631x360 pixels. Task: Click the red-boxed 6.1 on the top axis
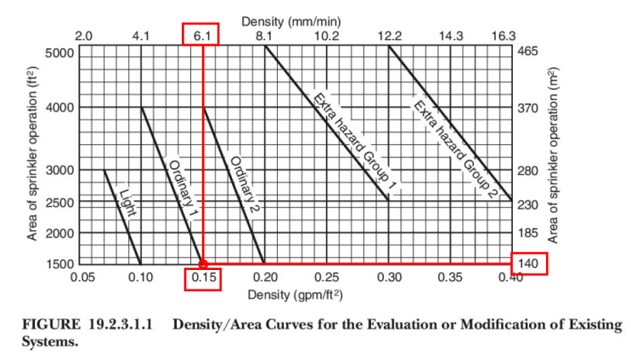[x=201, y=35]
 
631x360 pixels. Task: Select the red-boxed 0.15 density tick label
[x=203, y=278]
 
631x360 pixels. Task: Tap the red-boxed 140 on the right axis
[x=529, y=264]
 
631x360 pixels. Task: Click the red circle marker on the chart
[x=203, y=264]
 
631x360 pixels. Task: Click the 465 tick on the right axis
[x=527, y=52]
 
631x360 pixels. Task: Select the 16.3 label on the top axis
[x=504, y=36]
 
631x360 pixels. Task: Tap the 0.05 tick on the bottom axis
[x=82, y=278]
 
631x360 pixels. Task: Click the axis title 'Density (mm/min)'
[x=296, y=20]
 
